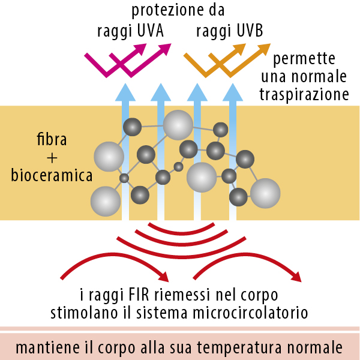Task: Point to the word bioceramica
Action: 52,176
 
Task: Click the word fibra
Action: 52,141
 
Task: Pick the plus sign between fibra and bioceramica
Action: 51,158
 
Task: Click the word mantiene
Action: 46,348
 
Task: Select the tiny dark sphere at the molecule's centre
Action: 178,167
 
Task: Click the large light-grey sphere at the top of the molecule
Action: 178,125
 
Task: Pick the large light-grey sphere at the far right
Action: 265,193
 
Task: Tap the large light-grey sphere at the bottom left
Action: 106,201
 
